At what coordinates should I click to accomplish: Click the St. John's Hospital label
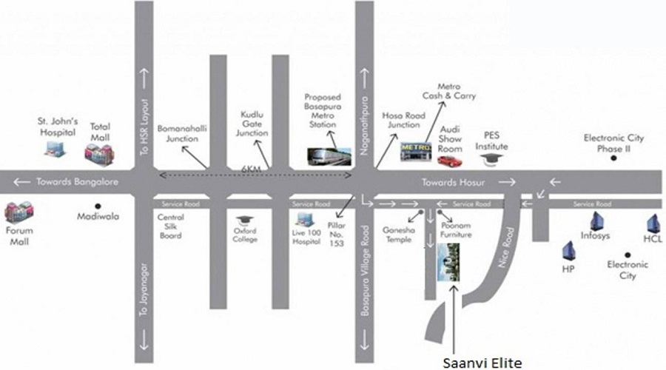[58, 127]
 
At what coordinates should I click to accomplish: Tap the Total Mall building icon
[99, 155]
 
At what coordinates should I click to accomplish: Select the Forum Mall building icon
[19, 212]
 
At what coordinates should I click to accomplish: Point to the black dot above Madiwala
[98, 206]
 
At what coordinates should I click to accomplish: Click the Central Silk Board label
[171, 226]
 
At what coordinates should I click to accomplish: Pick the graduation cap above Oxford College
[245, 221]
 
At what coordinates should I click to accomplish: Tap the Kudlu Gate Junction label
[252, 124]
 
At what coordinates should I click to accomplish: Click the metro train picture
[329, 156]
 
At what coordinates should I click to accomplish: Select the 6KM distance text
[251, 169]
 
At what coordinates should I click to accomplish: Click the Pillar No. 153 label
[337, 234]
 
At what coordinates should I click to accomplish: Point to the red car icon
[450, 161]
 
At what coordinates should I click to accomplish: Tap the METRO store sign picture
[416, 152]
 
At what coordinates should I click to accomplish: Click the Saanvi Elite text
[482, 363]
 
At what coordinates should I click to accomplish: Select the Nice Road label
[506, 248]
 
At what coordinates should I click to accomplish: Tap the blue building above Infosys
[596, 221]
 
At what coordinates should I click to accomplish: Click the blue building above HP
[569, 251]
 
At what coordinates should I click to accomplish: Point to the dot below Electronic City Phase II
[613, 158]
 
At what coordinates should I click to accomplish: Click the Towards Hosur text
[453, 183]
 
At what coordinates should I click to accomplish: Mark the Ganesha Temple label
[398, 235]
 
